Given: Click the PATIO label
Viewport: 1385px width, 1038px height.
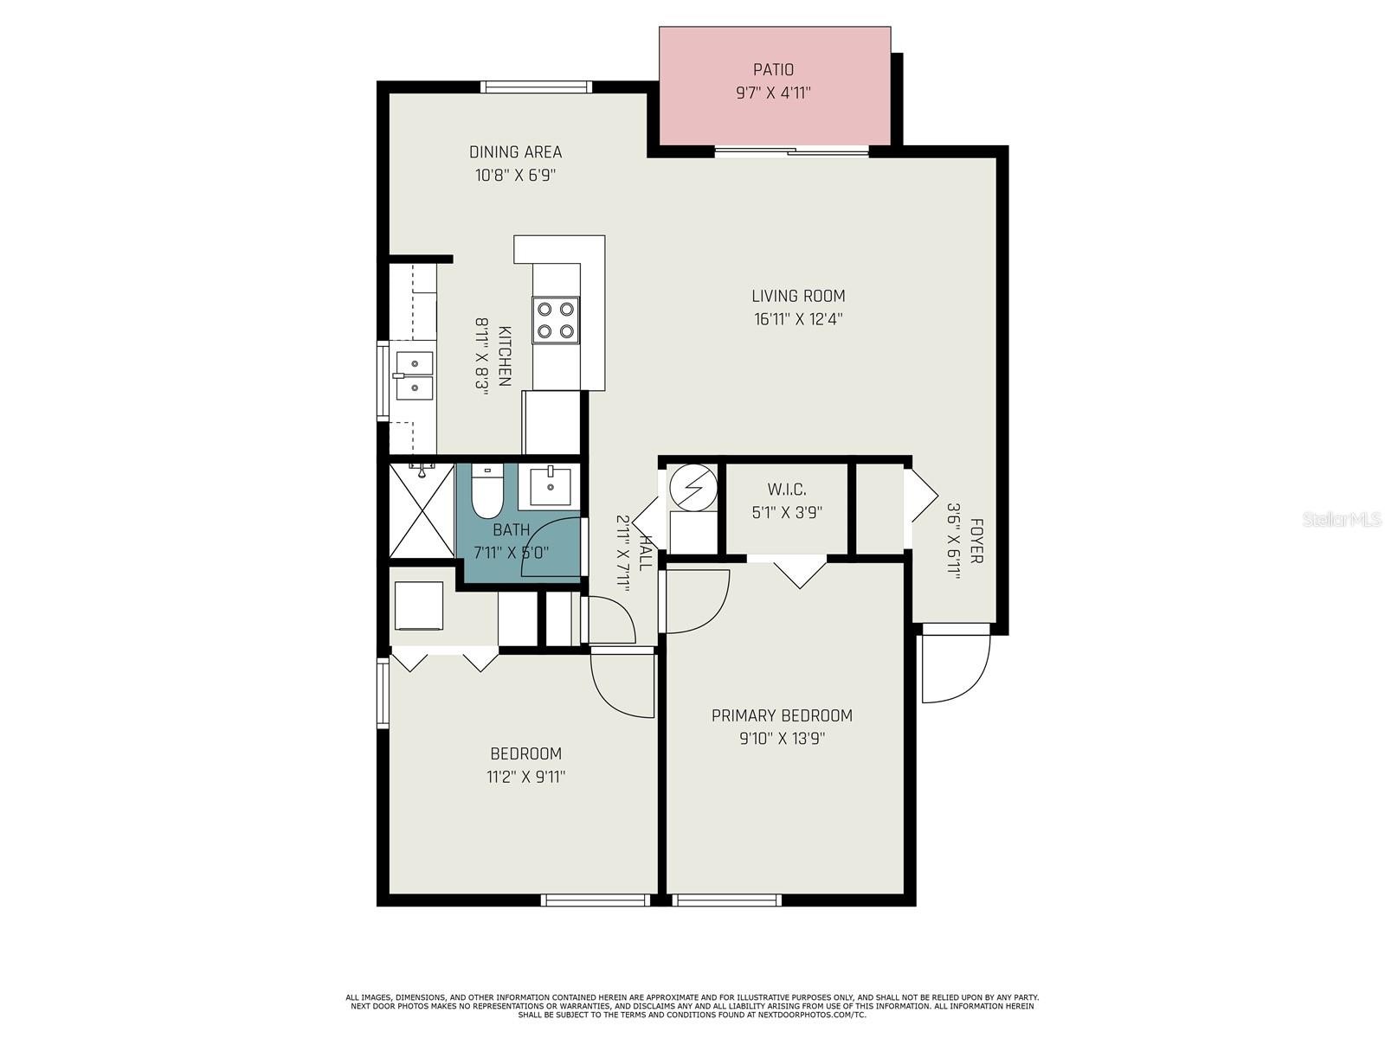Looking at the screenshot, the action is (x=773, y=69).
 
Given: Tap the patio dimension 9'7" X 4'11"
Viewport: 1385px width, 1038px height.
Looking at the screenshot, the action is (x=773, y=93).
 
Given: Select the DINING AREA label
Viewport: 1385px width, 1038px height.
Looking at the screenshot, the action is (x=516, y=152).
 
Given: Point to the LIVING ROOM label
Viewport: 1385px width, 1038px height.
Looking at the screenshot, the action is (x=798, y=296).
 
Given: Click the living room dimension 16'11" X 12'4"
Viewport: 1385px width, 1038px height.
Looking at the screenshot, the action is (x=798, y=319).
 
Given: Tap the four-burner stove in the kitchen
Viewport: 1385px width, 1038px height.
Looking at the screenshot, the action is (x=555, y=320).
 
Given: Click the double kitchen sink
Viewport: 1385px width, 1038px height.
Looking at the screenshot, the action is (x=415, y=376).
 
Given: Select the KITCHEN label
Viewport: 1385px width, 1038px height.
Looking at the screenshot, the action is (x=505, y=356).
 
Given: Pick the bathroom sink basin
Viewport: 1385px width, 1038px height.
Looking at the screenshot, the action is (x=551, y=486).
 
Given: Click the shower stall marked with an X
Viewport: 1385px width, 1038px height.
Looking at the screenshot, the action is (x=422, y=510).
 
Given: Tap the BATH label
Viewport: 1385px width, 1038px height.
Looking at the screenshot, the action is (x=511, y=530).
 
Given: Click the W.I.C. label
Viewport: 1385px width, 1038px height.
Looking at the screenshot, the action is (x=787, y=489).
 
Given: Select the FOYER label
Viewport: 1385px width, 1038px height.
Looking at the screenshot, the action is (x=976, y=541).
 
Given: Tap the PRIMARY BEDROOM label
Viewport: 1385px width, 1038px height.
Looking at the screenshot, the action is (x=782, y=715).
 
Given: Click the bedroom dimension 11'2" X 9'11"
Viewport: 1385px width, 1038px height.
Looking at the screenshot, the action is (x=525, y=777).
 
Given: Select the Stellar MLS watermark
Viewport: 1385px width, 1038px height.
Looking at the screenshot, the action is (x=1341, y=519).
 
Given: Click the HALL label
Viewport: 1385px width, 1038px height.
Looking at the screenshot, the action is (x=644, y=553).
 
